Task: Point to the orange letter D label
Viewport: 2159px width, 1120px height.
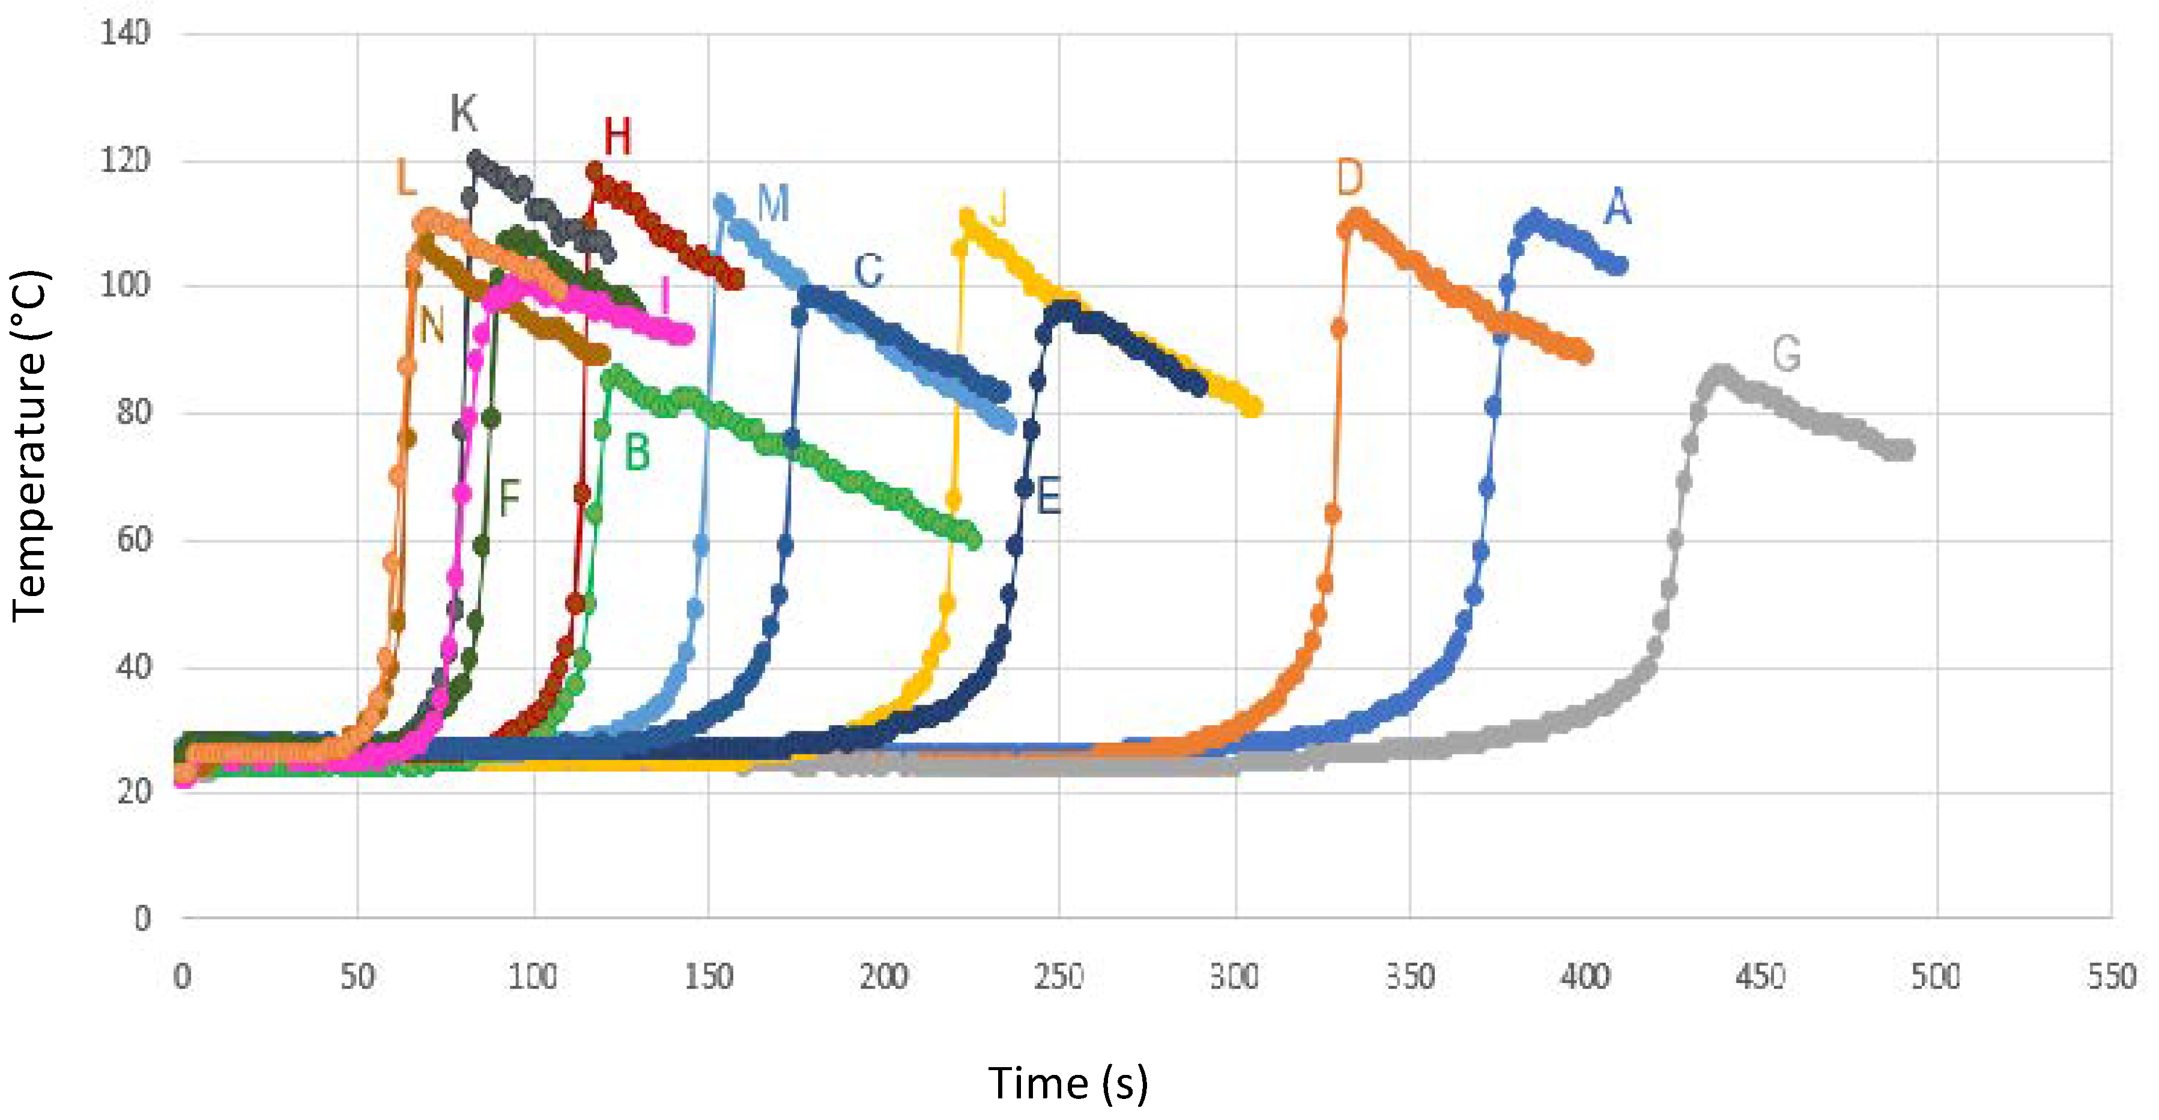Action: [x=1349, y=178]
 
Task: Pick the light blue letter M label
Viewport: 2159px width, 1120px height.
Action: [x=773, y=204]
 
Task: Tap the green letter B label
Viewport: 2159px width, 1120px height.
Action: [x=637, y=454]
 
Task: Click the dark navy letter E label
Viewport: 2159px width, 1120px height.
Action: [x=1049, y=496]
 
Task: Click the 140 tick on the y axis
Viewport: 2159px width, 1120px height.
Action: [x=125, y=34]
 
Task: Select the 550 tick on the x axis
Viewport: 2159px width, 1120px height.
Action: [x=2111, y=976]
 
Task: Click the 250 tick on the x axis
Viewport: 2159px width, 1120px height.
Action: [x=1059, y=976]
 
